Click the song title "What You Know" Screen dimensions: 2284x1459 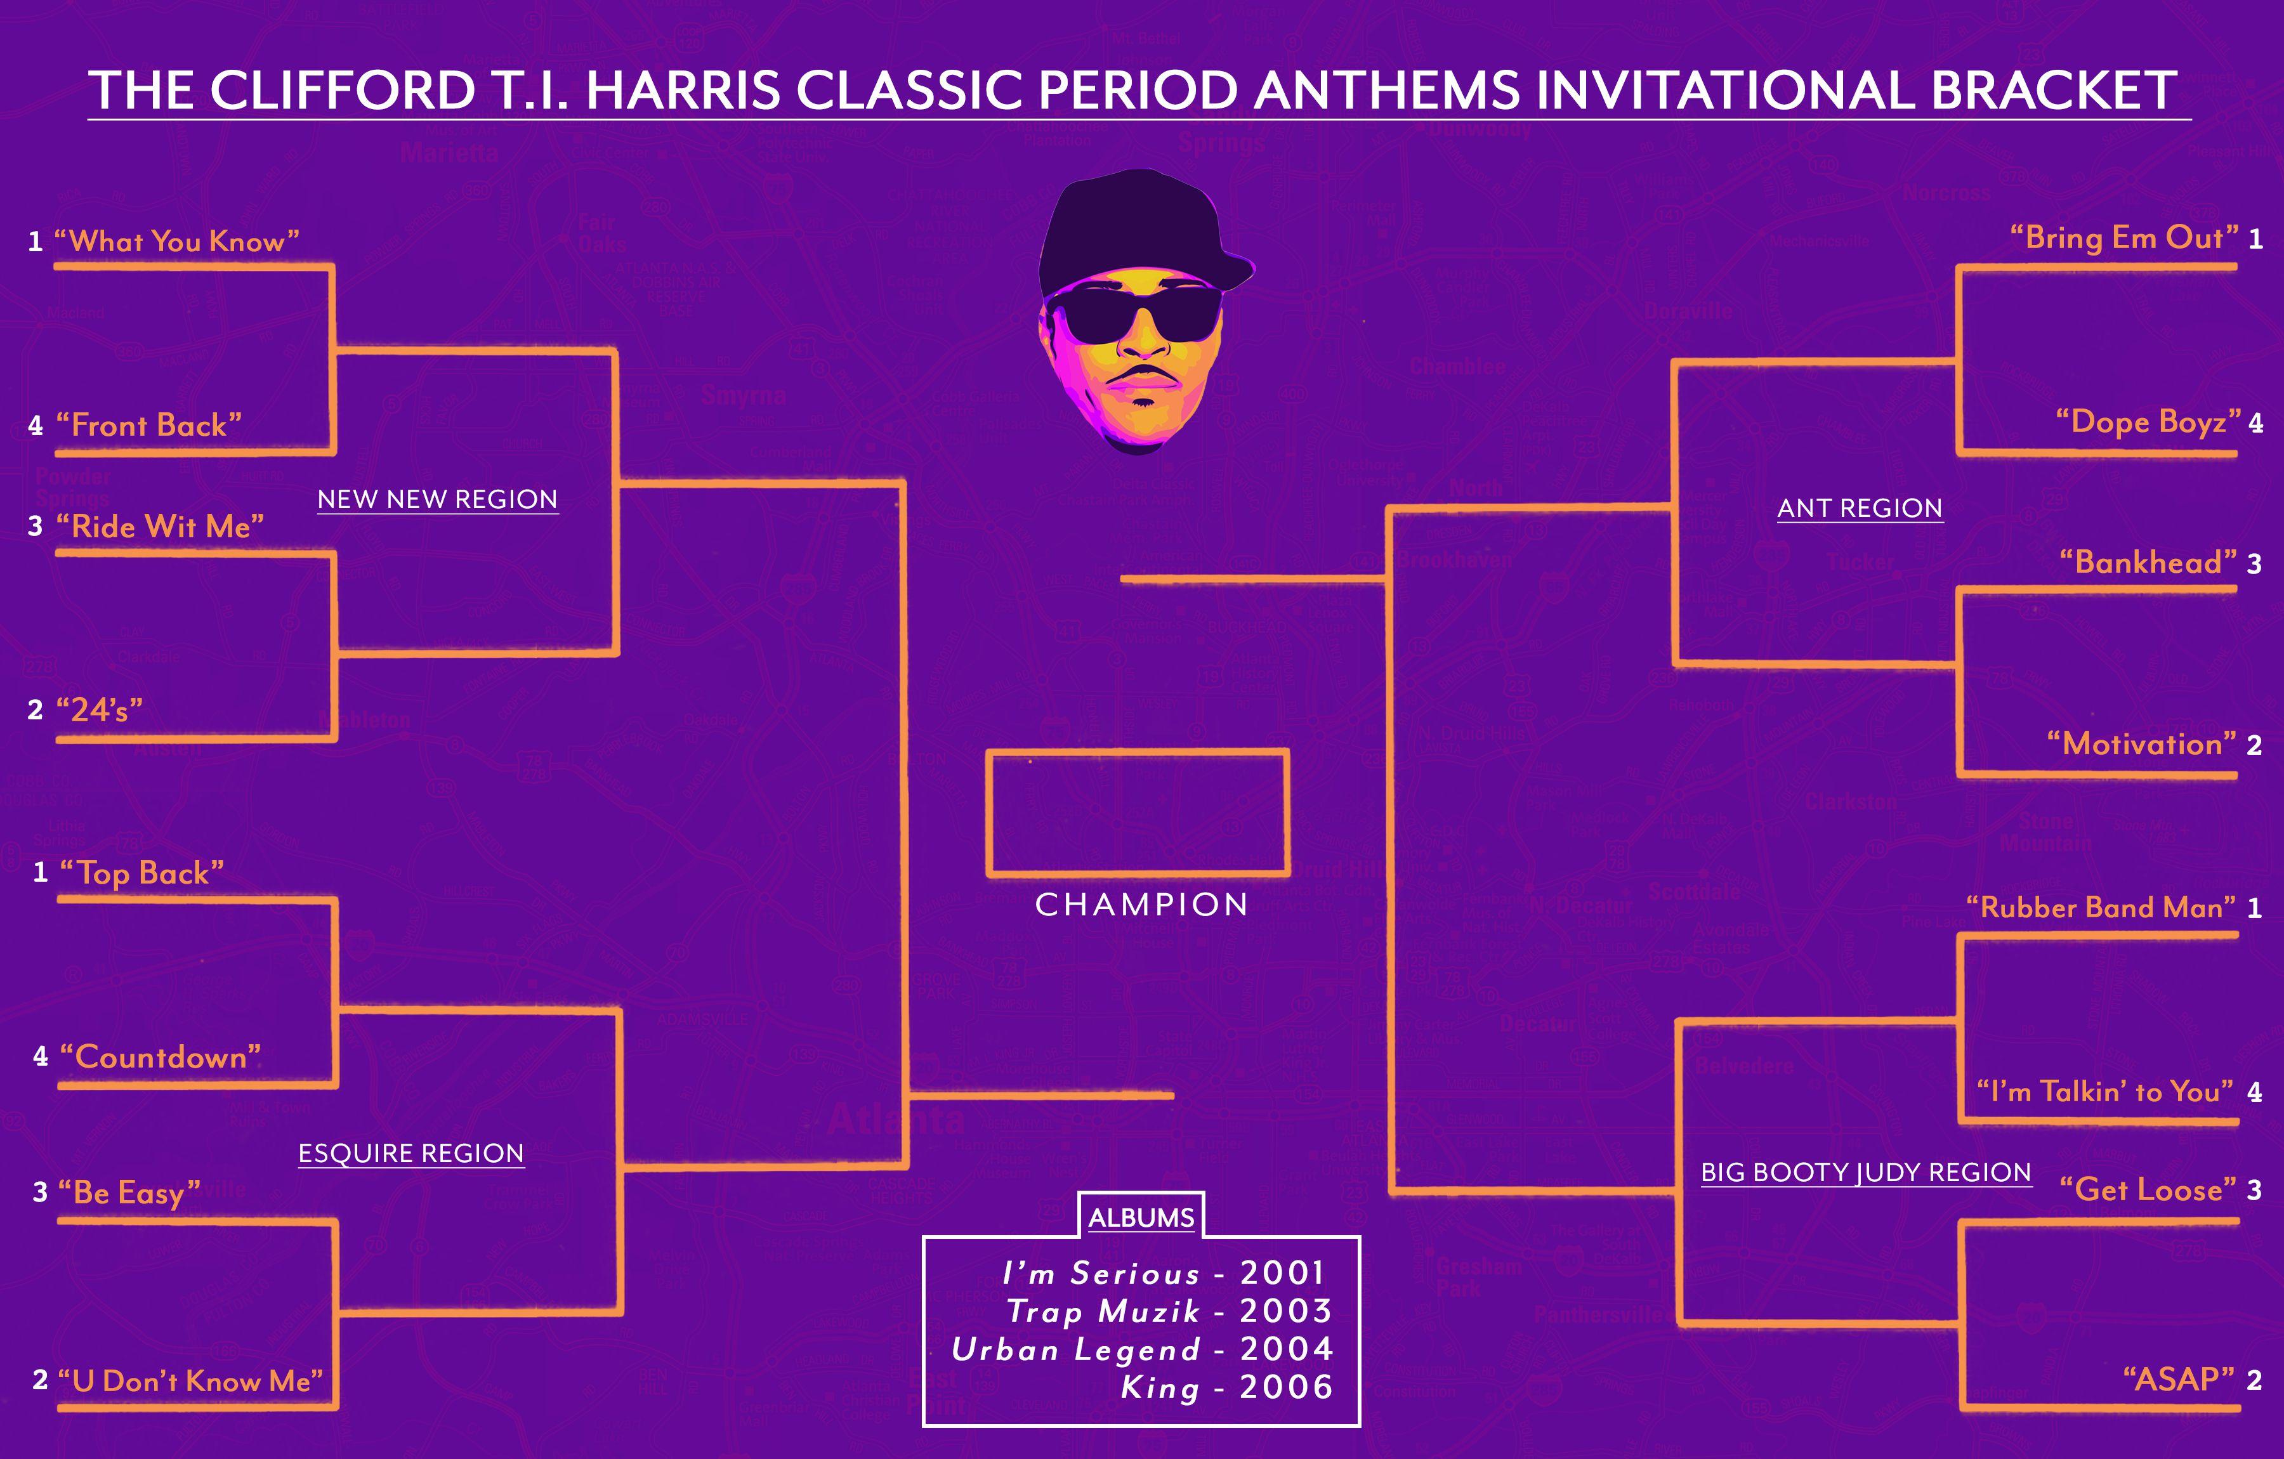(176, 241)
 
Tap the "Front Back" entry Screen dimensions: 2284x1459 (149, 425)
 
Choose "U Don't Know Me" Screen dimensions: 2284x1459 (190, 1380)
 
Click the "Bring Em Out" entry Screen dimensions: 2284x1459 (2125, 237)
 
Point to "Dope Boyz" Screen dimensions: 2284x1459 (2148, 421)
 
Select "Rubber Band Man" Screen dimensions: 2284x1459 (2101, 908)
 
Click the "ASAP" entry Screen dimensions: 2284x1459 (2179, 1378)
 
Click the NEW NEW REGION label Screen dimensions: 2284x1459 (437, 500)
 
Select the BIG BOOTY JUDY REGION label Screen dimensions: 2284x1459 (1866, 1172)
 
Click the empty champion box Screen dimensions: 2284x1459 (1138, 752)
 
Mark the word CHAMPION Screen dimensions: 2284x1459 (1141, 905)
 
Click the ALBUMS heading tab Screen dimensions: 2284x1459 (1141, 1217)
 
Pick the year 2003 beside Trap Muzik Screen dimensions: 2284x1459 (1286, 1311)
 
